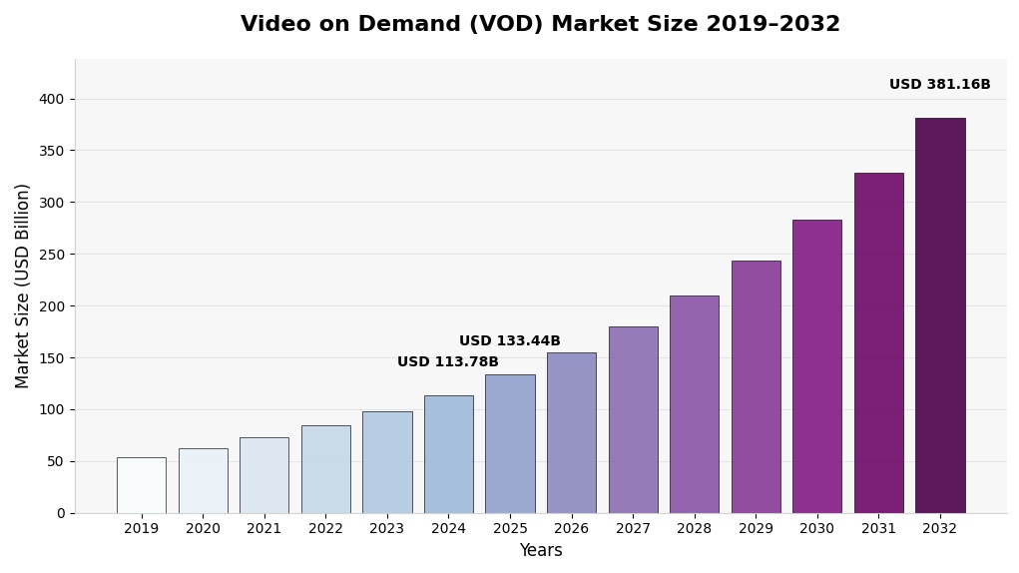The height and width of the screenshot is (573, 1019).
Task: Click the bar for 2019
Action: pos(141,485)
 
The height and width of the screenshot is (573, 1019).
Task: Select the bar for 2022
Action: pos(325,469)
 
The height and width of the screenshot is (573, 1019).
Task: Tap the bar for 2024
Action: pos(448,454)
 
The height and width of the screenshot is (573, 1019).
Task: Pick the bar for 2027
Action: pos(633,419)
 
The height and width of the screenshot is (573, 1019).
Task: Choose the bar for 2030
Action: pos(816,366)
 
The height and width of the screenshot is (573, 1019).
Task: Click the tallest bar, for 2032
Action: pos(939,315)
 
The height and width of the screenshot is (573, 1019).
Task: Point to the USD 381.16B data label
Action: pos(939,85)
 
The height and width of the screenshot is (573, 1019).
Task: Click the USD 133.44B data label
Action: pos(509,341)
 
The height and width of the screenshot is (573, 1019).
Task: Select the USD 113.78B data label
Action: pos(447,362)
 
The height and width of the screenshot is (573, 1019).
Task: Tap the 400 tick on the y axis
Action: pos(51,99)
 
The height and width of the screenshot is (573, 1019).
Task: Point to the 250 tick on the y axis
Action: pos(51,255)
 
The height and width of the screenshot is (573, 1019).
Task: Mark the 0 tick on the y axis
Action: pos(60,513)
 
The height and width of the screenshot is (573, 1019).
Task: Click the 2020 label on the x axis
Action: pos(203,529)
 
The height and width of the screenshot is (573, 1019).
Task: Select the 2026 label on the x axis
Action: pos(571,529)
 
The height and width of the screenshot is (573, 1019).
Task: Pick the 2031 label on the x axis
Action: pos(878,529)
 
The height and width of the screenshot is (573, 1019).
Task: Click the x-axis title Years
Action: pos(540,551)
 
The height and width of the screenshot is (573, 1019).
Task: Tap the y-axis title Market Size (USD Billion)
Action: pos(23,286)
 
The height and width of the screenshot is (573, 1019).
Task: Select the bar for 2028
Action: pos(694,404)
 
